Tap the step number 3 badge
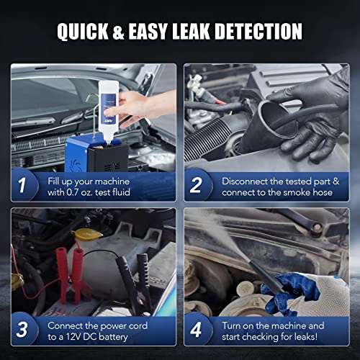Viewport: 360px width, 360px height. click(22, 330)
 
